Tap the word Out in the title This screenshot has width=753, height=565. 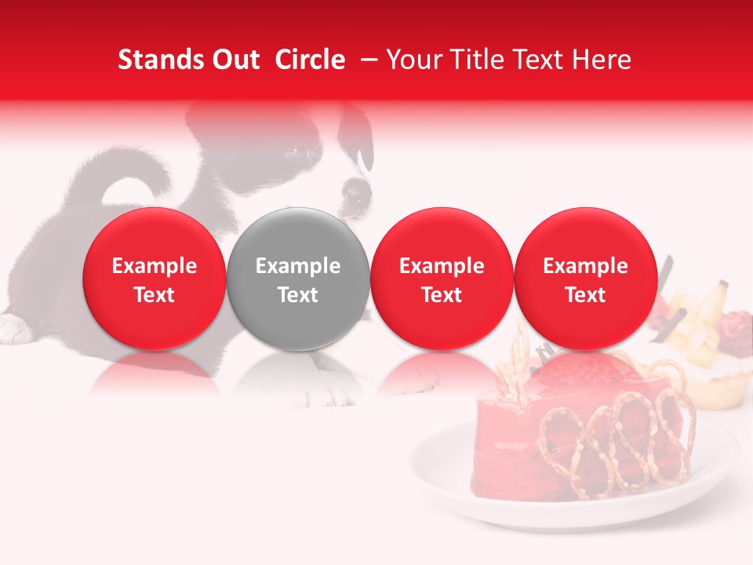[235, 60]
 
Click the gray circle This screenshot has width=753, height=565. [298, 279]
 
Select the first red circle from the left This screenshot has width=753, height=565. [155, 279]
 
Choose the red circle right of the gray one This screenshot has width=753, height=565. [442, 279]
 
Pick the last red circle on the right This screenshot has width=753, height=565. [585, 279]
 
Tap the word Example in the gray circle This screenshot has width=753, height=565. [298, 266]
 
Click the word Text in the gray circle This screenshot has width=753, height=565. [298, 295]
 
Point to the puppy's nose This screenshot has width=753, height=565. [355, 193]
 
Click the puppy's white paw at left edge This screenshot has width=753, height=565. [13, 329]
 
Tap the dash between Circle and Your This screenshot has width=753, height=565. [366, 60]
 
